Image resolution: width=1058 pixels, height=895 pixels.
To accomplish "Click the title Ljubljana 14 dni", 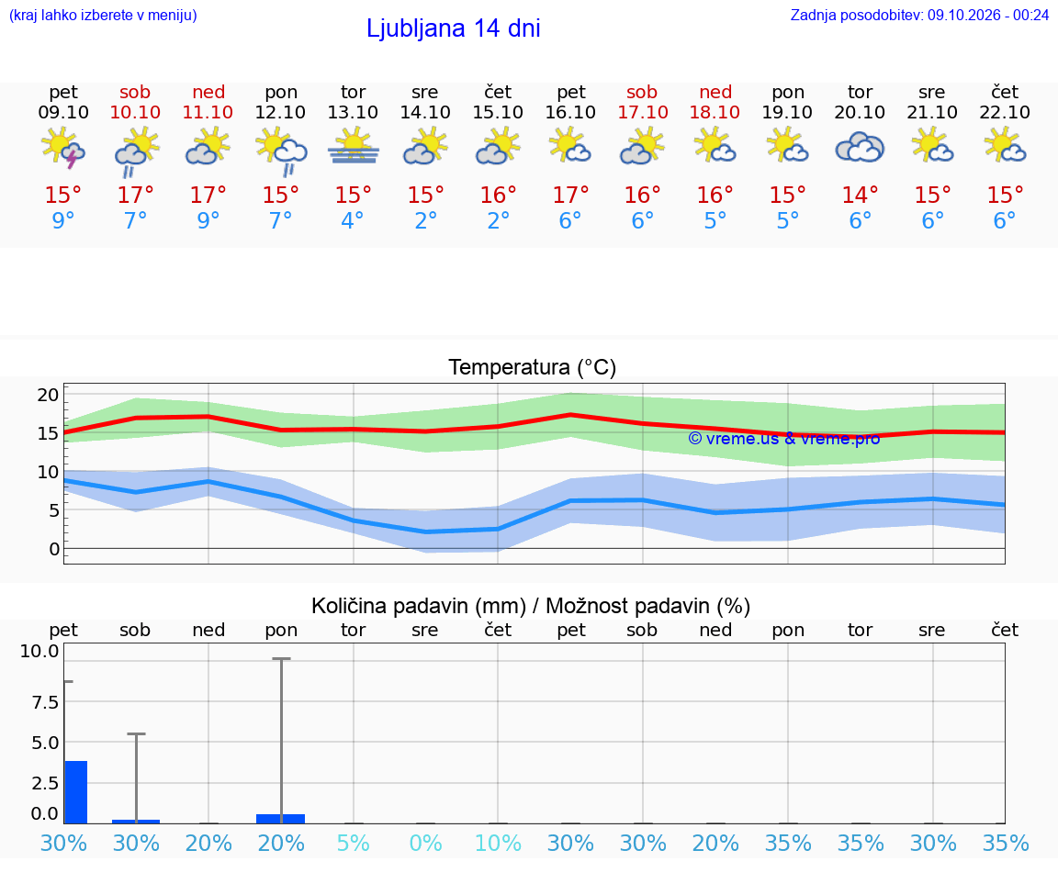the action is (454, 28).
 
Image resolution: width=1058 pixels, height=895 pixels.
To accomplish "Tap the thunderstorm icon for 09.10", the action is (63, 147).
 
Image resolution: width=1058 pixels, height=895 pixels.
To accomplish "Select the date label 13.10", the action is (353, 112).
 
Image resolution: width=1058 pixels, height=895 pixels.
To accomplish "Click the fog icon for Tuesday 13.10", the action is (353, 147).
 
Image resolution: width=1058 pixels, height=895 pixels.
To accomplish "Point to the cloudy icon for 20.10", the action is (860, 147).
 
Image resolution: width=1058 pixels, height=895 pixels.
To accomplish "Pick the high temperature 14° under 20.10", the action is (860, 195).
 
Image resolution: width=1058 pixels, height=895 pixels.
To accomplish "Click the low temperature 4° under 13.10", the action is (353, 220).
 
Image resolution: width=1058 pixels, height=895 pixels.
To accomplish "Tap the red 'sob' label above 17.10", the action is (642, 92).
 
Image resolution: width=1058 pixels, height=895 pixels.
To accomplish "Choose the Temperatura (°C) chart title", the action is (533, 367).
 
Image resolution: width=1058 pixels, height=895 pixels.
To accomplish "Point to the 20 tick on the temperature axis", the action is (48, 395).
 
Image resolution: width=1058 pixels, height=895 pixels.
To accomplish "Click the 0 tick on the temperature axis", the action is (54, 549).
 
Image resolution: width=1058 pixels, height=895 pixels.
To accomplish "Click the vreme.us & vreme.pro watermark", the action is (784, 439).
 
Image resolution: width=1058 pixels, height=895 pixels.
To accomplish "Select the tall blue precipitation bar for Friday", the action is (76, 792).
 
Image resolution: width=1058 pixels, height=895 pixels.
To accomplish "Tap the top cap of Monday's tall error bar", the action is (281, 658).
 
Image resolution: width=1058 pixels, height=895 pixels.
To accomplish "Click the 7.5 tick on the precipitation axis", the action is (45, 702).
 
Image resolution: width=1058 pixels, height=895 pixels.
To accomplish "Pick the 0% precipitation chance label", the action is (426, 843).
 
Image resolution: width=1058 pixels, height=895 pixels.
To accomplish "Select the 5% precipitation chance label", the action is (353, 843).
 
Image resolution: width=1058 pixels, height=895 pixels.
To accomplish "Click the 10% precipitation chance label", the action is (498, 843).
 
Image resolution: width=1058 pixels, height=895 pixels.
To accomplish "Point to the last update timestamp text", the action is (919, 15).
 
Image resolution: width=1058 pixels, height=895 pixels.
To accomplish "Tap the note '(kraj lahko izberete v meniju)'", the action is (103, 15).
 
